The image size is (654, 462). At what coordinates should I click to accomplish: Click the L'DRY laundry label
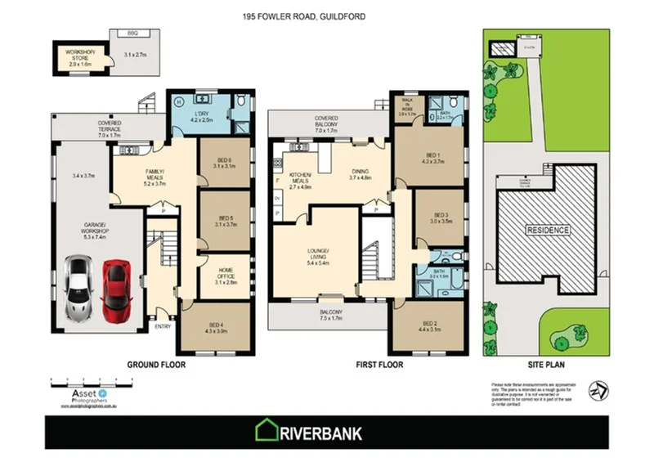[x=201, y=116]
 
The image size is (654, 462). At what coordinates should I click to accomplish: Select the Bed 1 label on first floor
[x=433, y=159]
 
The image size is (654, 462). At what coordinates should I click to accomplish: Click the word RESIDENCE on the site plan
[x=547, y=230]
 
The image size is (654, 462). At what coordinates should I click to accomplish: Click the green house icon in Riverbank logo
[x=267, y=431]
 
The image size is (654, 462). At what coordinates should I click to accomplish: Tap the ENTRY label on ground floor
[x=162, y=325]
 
